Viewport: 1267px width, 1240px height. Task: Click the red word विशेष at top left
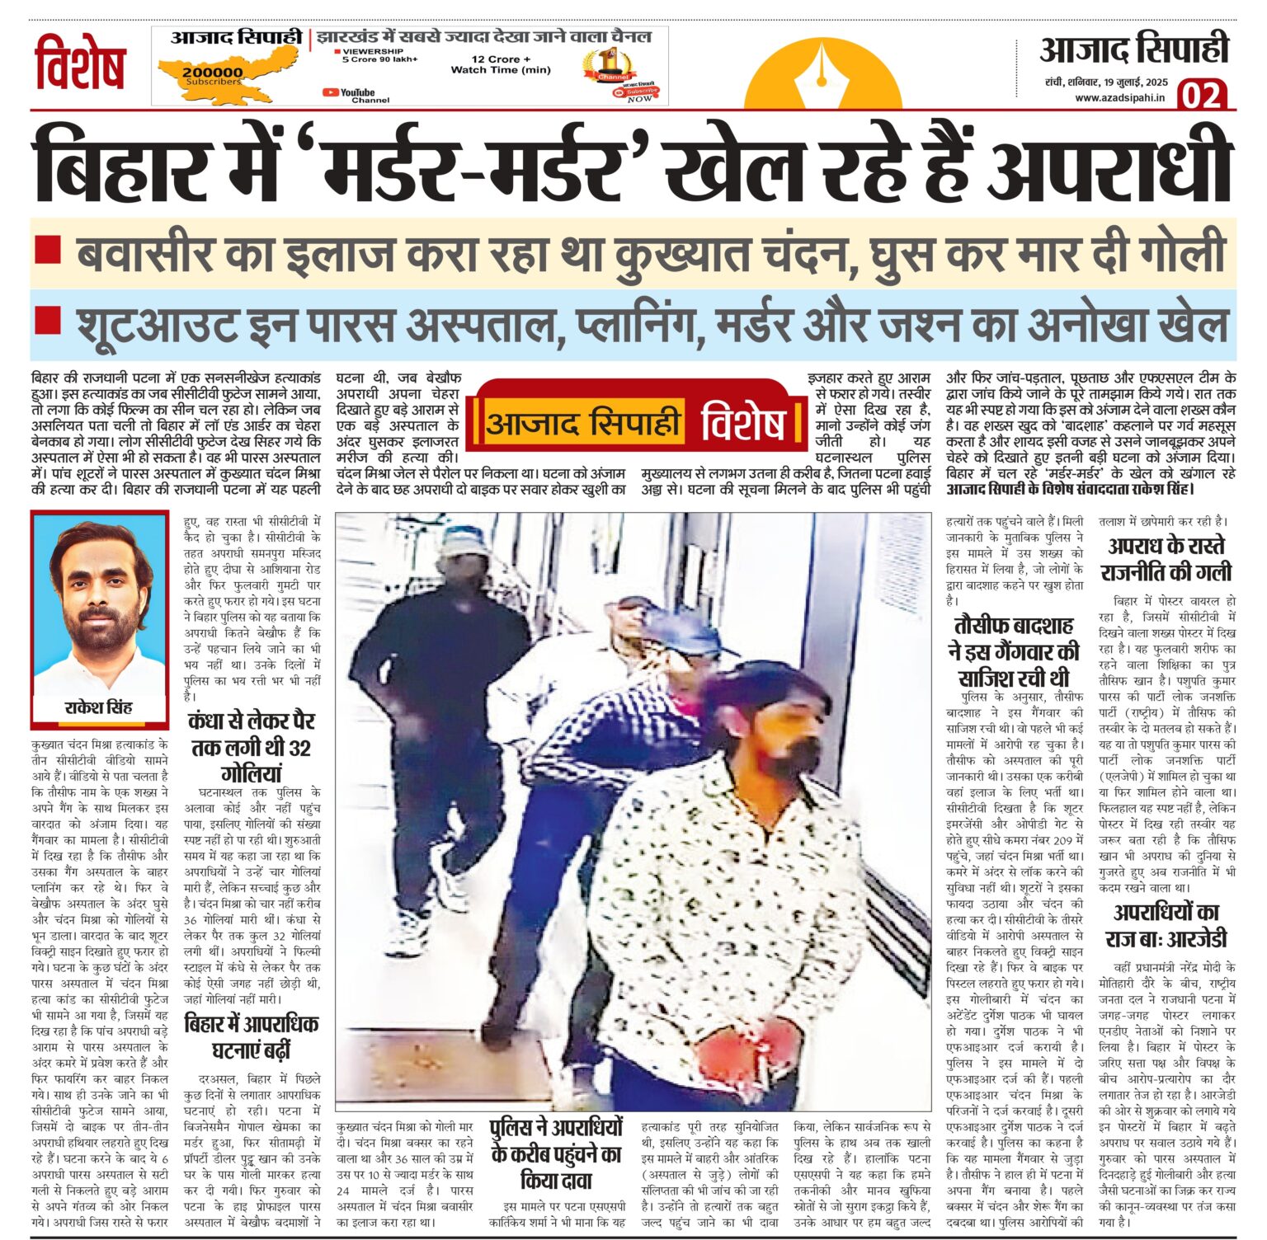(80, 63)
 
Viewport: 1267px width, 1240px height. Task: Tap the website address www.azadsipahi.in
(1119, 97)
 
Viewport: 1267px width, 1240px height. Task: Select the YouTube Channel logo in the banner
(349, 95)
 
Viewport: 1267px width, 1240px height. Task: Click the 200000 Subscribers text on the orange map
(213, 75)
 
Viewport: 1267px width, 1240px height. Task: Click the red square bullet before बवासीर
(48, 249)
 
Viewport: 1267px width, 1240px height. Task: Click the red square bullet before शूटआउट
(48, 320)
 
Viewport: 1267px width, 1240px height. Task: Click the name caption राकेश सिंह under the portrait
(98, 707)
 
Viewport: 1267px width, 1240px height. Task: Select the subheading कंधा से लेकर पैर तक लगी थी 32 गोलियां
(252, 747)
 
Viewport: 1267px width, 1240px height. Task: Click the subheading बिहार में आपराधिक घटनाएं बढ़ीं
(252, 1036)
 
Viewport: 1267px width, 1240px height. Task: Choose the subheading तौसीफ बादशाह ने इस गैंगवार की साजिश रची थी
(1014, 651)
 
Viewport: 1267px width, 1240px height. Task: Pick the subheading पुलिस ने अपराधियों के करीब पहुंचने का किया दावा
(556, 1153)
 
